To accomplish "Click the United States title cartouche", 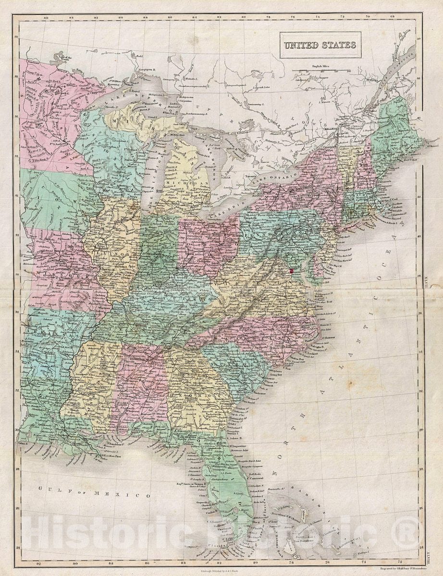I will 320,45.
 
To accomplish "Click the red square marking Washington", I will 291,272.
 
